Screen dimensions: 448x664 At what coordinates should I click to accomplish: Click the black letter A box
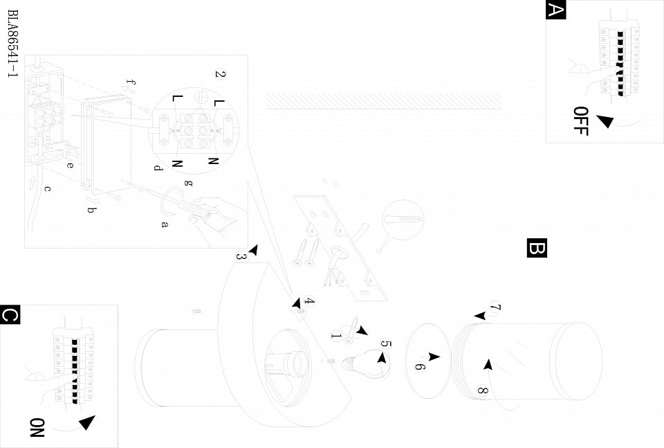556,10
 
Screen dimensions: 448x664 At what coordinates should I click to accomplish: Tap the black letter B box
537,248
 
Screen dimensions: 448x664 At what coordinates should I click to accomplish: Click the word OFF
581,120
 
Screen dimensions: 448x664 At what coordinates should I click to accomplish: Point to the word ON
37,427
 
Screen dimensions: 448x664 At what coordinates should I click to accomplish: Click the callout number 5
386,344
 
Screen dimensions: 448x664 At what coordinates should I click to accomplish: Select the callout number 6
419,366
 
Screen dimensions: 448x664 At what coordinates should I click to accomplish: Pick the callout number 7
495,307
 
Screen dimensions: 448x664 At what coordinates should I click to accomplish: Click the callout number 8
482,390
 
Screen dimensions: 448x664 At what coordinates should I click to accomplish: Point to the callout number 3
241,256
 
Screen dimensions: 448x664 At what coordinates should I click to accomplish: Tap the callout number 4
310,302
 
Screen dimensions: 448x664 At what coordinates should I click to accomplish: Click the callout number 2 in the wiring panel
219,74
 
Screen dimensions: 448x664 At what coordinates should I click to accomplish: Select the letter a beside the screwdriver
165,224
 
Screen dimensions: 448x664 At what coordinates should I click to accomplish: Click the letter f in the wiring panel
131,84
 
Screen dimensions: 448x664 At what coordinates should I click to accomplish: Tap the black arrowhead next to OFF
605,122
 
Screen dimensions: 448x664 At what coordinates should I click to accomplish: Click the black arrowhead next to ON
86,422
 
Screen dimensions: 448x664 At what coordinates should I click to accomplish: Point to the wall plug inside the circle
403,219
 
